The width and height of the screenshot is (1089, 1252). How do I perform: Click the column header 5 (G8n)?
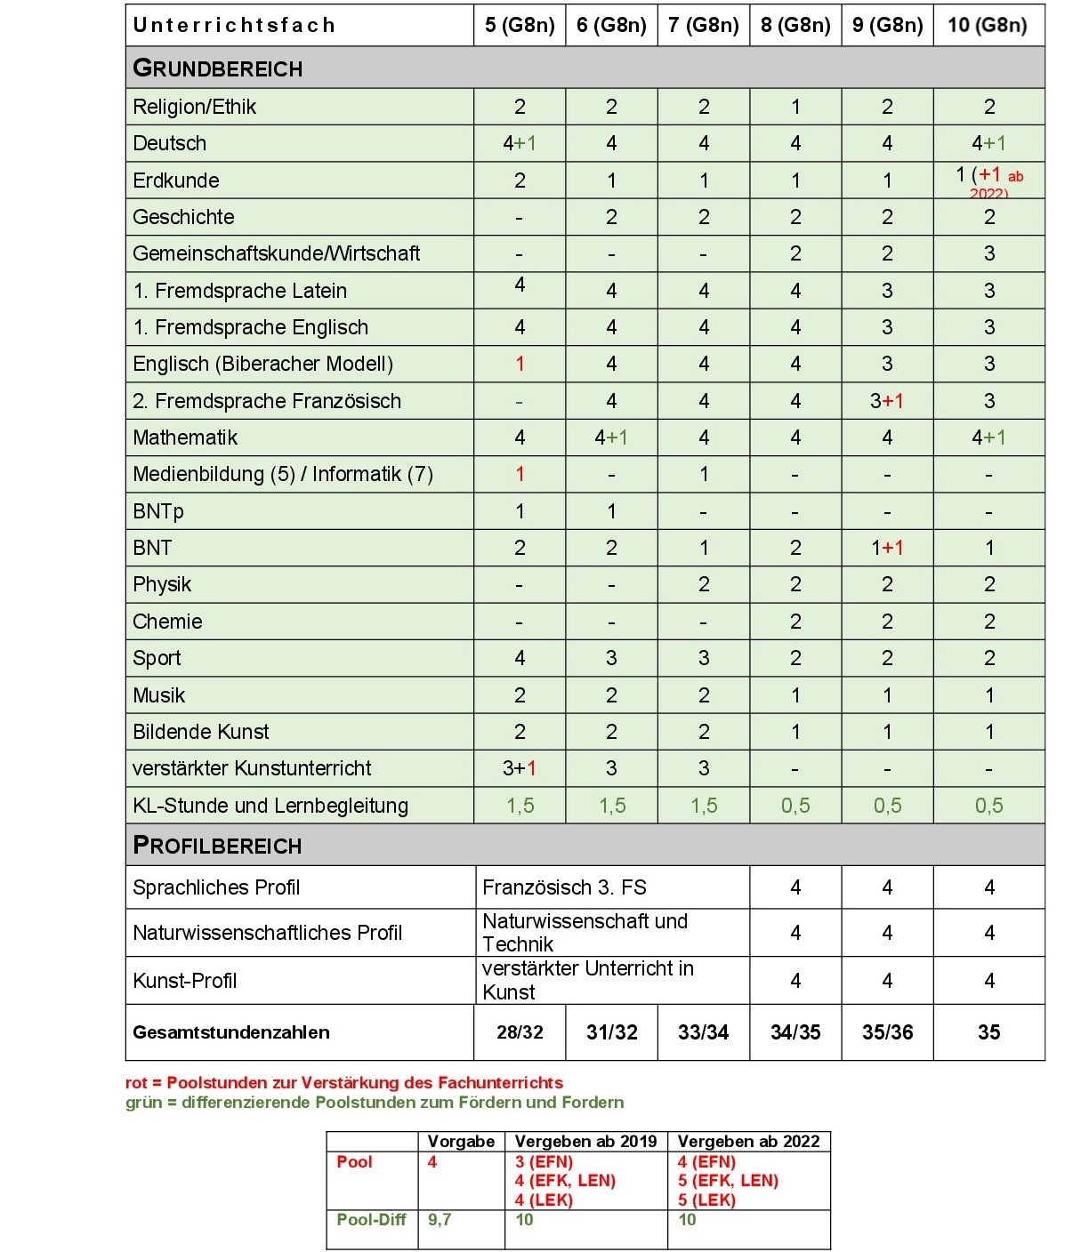[520, 25]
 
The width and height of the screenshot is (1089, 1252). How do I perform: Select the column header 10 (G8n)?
[988, 25]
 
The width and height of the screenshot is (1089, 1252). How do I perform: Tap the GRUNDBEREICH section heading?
[218, 68]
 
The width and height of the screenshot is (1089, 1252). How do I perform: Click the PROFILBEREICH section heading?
[218, 846]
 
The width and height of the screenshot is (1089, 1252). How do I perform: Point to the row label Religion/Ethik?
[194, 108]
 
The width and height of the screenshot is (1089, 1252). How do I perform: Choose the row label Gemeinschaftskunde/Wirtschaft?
[276, 254]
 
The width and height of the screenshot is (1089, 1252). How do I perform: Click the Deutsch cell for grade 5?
[520, 144]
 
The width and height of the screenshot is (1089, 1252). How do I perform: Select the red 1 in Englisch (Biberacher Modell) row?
[520, 365]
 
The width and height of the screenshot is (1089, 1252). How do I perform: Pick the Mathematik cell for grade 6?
[611, 437]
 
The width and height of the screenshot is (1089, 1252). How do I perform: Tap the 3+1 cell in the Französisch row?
[887, 401]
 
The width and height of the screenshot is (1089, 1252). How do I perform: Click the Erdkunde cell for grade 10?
[988, 181]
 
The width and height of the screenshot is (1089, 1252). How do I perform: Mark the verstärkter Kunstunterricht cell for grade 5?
[520, 768]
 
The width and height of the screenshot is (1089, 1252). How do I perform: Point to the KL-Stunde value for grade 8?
[795, 806]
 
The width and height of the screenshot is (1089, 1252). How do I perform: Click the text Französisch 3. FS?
[564, 887]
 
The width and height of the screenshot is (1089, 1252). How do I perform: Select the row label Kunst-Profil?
[184, 981]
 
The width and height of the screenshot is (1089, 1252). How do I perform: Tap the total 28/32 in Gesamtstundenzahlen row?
[520, 1032]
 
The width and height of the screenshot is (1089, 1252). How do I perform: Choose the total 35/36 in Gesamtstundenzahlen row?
[887, 1032]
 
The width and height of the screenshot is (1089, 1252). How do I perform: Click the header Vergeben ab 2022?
[748, 1142]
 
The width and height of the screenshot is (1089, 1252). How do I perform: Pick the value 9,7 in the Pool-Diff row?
[440, 1220]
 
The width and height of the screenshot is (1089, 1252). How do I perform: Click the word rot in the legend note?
[136, 1083]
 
